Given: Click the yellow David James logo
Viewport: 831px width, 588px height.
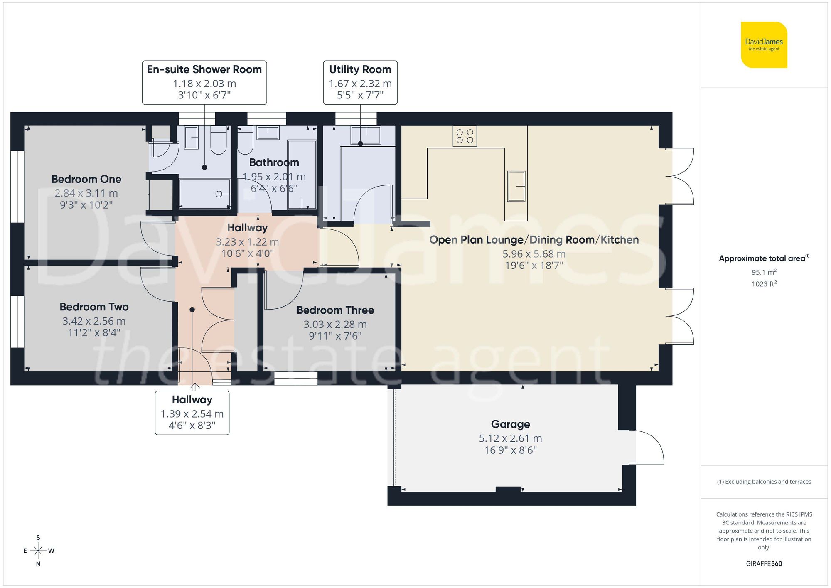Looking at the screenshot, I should (x=764, y=45).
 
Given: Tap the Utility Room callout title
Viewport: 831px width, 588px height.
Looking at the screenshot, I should (x=360, y=69).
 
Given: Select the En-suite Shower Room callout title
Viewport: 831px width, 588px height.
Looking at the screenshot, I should (x=204, y=69).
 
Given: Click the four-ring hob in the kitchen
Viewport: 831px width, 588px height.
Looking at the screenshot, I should (x=465, y=136).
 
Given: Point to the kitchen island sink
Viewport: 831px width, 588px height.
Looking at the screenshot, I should (x=516, y=186).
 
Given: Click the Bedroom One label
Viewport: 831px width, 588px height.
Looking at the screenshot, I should (x=86, y=179).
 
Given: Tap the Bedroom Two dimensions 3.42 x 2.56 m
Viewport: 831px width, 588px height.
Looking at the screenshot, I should (x=94, y=321).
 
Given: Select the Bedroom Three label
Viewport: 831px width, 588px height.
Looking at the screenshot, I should (x=335, y=310).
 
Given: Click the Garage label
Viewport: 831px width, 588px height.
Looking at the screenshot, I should (x=510, y=424).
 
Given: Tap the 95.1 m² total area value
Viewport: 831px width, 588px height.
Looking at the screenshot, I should (x=764, y=272).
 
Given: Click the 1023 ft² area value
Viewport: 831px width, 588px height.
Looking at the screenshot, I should (x=764, y=284).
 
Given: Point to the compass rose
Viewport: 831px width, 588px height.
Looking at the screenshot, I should (x=38, y=551).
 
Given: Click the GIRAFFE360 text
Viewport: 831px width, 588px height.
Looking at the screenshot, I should (x=764, y=563).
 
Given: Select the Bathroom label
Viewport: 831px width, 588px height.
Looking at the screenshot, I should (x=274, y=162).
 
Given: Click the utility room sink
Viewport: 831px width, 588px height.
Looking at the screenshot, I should (x=366, y=135).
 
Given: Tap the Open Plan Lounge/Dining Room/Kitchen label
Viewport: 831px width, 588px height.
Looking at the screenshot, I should (x=534, y=240).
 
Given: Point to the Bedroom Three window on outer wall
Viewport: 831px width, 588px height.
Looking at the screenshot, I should (x=296, y=378).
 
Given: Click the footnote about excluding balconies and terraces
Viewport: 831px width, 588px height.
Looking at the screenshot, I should (x=764, y=482).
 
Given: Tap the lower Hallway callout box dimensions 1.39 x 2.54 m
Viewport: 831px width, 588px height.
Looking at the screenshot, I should (x=192, y=414).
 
